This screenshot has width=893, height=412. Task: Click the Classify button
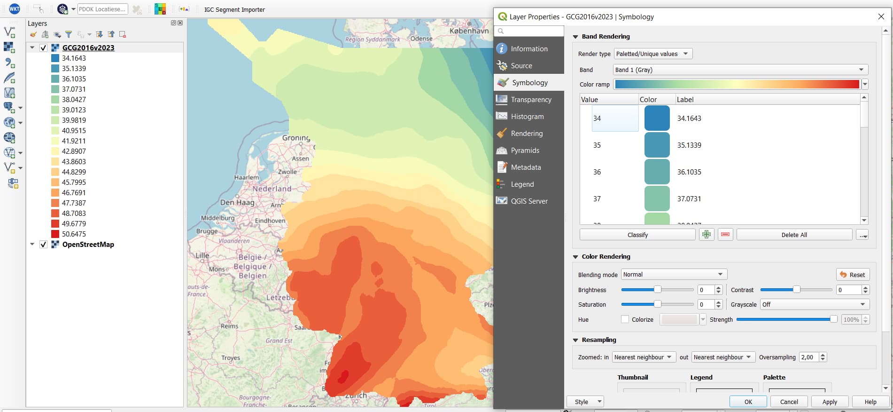coord(637,235)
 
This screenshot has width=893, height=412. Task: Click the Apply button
coord(829,402)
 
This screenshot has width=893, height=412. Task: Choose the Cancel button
coord(789,402)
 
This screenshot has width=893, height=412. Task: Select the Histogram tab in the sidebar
coord(527,117)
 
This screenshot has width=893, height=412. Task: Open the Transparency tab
coord(531,100)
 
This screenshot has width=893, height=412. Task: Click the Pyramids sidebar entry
coord(525,151)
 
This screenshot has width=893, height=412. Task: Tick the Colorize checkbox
coord(625,319)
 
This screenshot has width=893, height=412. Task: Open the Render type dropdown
coord(653,54)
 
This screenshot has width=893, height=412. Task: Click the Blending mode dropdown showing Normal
coord(674,275)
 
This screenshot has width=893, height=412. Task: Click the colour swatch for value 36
coord(657,172)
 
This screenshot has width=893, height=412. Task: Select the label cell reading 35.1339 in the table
coord(689,145)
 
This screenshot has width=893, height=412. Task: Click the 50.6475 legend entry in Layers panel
coord(74,234)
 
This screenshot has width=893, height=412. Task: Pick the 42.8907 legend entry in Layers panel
coord(74,151)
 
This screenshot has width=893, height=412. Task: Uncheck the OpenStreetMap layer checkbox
coord(43,245)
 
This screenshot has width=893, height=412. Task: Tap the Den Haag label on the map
coord(237,203)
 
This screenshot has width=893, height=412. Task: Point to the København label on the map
coord(469,31)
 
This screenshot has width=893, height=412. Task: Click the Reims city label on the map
coord(229,326)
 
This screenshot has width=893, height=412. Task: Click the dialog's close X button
coord(881,17)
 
